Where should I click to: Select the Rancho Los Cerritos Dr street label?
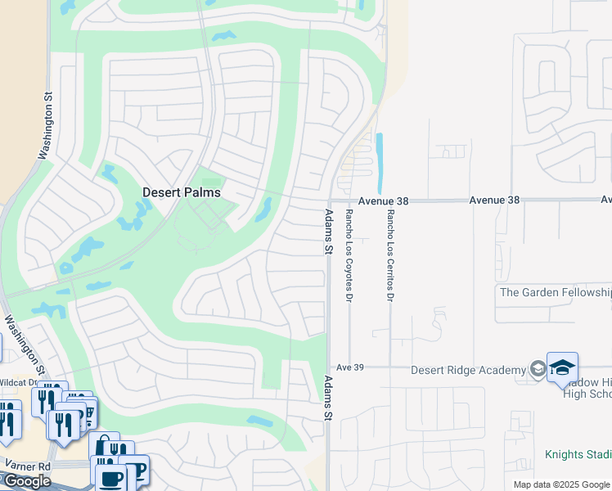390,255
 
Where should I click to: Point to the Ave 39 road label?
348,367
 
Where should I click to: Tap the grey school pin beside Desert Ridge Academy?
537,368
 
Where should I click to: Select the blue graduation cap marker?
562,367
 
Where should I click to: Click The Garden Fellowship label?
555,292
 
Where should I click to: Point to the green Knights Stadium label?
578,454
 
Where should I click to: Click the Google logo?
26,481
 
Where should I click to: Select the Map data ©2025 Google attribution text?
561,484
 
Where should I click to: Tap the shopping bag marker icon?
104,447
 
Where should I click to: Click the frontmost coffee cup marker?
110,477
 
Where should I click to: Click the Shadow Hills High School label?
587,389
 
